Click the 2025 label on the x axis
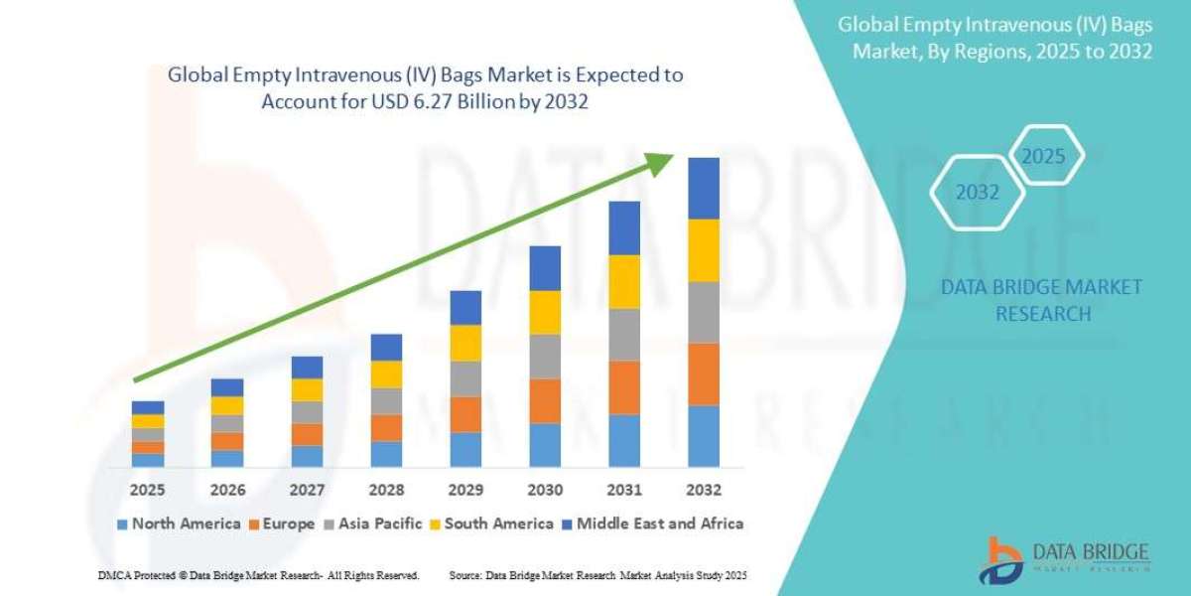[x=148, y=490]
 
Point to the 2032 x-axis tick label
[x=704, y=490]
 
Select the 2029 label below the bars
[x=465, y=490]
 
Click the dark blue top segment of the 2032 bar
[x=704, y=188]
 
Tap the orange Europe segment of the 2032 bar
[x=704, y=373]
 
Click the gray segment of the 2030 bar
[x=545, y=356]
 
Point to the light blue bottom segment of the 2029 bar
[x=465, y=449]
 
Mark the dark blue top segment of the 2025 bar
[x=148, y=407]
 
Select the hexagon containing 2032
[x=977, y=193]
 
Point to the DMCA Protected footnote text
[x=258, y=575]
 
